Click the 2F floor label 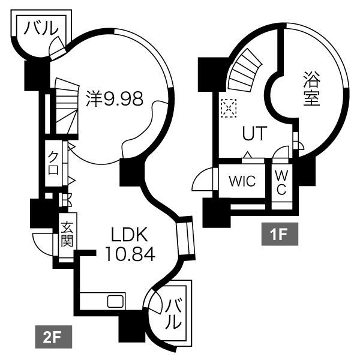53,337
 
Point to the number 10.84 130,254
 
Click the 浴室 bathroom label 311,89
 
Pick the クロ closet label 53,161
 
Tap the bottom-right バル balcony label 172,313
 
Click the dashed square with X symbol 229,107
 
